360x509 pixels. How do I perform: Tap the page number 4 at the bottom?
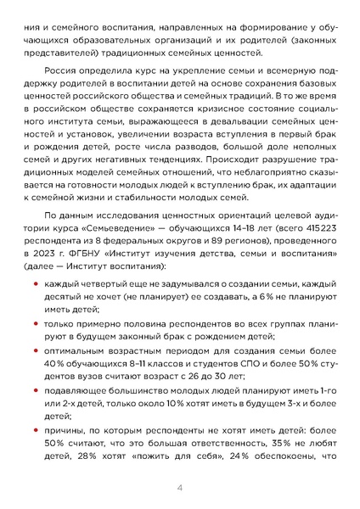click(x=180, y=489)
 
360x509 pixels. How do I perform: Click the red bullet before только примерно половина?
click(x=35, y=324)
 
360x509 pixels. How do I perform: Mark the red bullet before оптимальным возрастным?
click(x=35, y=353)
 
